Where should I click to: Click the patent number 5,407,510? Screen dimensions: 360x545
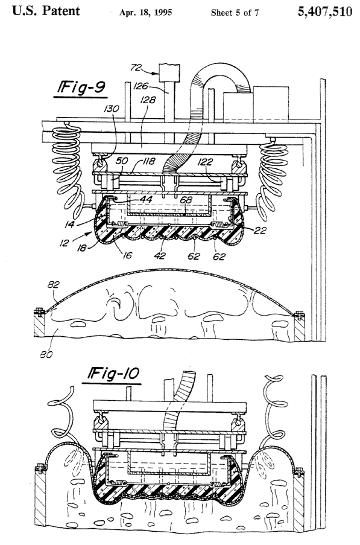pyautogui.click(x=324, y=12)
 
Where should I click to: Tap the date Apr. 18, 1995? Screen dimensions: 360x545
pyautogui.click(x=145, y=13)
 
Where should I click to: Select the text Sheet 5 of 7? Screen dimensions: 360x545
pyautogui.click(x=235, y=13)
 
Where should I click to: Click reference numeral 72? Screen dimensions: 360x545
pyautogui.click(x=136, y=67)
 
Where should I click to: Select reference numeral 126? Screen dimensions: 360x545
pyautogui.click(x=141, y=86)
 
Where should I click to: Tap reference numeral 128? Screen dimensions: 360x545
pyautogui.click(x=148, y=100)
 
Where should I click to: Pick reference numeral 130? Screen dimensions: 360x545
pyautogui.click(x=111, y=109)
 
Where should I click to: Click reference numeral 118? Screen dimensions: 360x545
pyautogui.click(x=148, y=161)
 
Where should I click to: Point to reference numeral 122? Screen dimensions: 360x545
pyautogui.click(x=206, y=162)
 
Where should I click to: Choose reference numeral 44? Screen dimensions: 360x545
pyautogui.click(x=146, y=199)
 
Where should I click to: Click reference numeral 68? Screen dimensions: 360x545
pyautogui.click(x=186, y=200)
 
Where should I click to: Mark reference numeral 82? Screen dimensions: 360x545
pyautogui.click(x=54, y=285)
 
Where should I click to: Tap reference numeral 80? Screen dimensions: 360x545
pyautogui.click(x=46, y=354)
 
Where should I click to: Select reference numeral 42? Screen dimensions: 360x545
pyautogui.click(x=160, y=255)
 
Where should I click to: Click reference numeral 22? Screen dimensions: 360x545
pyautogui.click(x=260, y=230)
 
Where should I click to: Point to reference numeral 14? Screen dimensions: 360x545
pyautogui.click(x=69, y=225)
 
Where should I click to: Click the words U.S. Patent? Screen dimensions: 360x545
pyautogui.click(x=46, y=11)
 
